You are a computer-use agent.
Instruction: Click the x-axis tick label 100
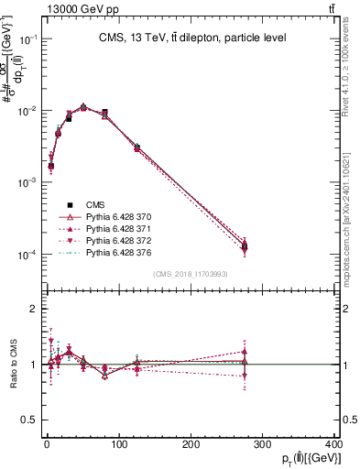tap(118, 445)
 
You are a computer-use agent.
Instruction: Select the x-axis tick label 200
tap(191, 445)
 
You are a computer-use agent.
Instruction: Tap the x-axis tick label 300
tap(263, 445)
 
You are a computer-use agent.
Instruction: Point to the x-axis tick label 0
tap(46, 445)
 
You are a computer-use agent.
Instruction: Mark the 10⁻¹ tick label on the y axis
tap(28, 39)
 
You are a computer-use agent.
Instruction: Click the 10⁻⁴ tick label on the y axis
tap(28, 255)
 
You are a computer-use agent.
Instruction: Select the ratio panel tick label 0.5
tap(31, 420)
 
